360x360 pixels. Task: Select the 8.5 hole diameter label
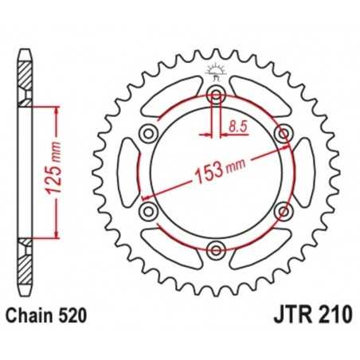(x=237, y=125)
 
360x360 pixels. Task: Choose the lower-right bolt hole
(x=283, y=211)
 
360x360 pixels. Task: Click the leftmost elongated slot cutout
(x=130, y=173)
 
